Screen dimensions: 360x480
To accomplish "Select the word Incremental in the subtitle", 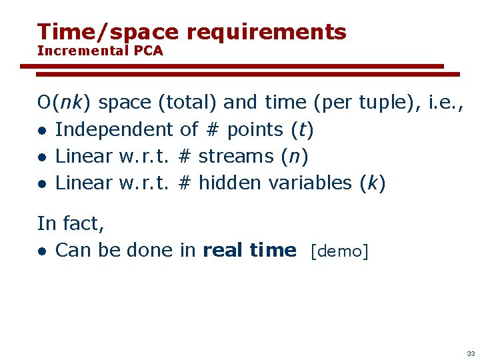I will click(81, 51).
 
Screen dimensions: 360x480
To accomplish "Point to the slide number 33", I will click(471, 353).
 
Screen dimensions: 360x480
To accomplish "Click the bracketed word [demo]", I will click(339, 251).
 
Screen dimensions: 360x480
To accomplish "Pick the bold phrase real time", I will click(249, 250).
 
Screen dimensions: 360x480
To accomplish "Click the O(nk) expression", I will click(65, 103).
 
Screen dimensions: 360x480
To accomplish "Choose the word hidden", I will click(229, 183).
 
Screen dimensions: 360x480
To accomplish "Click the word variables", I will click(309, 183).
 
